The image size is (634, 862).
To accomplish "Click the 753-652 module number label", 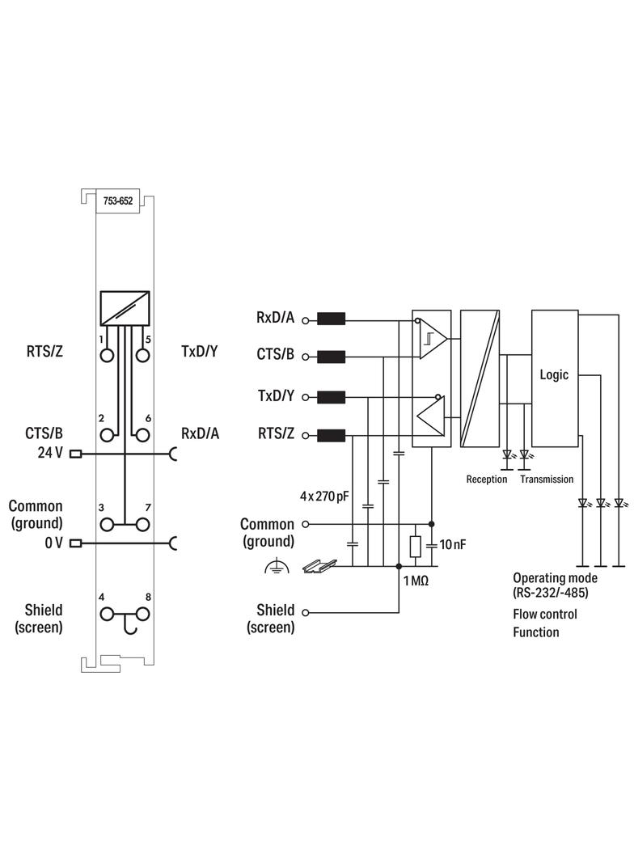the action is [x=118, y=201].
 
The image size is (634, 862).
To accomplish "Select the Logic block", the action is [x=554, y=378].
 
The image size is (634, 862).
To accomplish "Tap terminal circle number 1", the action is [x=108, y=355].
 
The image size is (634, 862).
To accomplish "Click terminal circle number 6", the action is [x=142, y=435].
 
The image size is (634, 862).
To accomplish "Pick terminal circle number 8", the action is [x=142, y=614].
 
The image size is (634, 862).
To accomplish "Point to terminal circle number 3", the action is [x=108, y=525].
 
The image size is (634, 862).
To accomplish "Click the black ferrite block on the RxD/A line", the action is [x=331, y=319].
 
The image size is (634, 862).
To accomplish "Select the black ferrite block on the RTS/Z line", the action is [x=331, y=435].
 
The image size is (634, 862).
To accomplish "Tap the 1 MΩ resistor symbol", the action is [x=415, y=547].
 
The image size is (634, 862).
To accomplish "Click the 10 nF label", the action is [x=453, y=544].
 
